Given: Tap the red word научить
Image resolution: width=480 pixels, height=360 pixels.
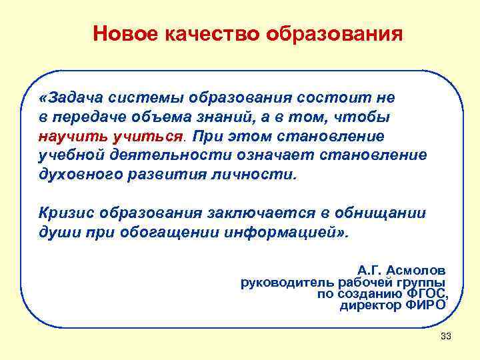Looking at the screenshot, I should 67,137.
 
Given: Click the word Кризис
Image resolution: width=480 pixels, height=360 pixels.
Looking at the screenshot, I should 65,213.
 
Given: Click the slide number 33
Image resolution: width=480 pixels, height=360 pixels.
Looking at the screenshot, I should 446,336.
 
